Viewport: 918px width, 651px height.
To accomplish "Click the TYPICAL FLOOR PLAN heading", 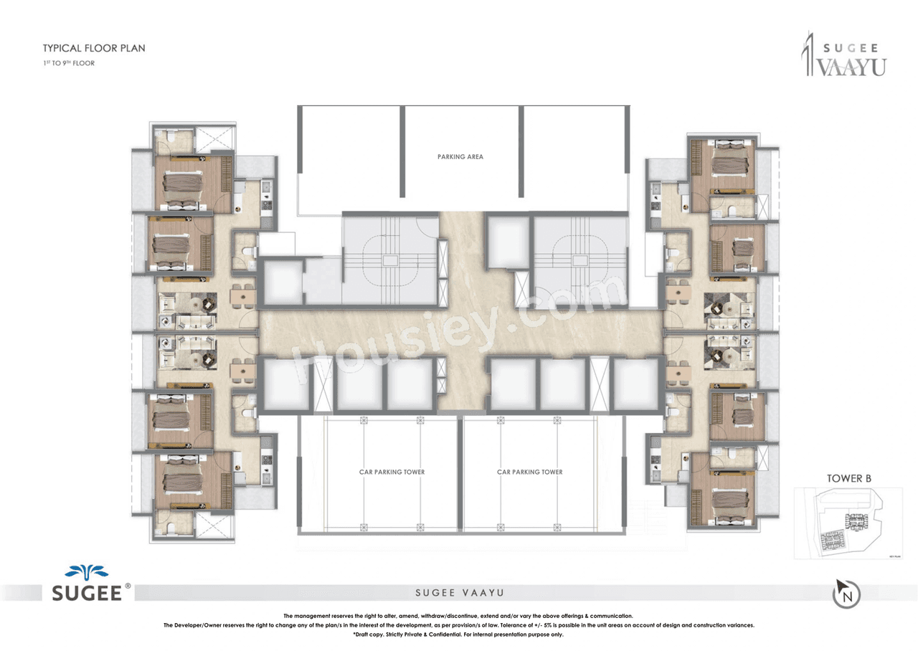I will [94, 49].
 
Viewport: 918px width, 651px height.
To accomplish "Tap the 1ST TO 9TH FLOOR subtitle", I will [68, 63].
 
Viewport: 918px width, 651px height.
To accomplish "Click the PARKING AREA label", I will [460, 156].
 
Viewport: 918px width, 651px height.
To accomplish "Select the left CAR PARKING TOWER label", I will [392, 472].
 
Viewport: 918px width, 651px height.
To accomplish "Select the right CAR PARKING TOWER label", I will [529, 472].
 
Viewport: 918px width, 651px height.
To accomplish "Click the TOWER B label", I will [848, 478].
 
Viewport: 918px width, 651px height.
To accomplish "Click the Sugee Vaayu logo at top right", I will [843, 54].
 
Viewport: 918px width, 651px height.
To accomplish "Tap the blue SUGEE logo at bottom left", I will [89, 583].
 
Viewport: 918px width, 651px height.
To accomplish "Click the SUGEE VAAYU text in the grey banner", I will [459, 593].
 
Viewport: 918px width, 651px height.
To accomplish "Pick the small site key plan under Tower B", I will [848, 523].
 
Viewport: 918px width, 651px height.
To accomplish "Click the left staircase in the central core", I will [389, 262].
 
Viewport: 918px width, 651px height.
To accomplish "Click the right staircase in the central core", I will [579, 262].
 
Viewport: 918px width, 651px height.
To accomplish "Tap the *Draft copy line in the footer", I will [459, 635].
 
